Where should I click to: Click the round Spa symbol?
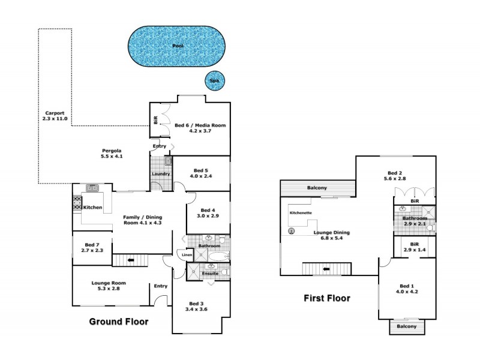tap(214, 80)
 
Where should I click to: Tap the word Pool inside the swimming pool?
tap(178, 46)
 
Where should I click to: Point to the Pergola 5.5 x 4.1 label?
tap(112, 154)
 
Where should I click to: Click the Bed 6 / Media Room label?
tap(200, 128)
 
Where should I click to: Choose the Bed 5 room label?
tap(201, 173)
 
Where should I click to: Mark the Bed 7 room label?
tap(91, 248)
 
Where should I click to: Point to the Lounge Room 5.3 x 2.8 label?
tap(109, 286)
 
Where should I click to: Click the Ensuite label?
tap(209, 274)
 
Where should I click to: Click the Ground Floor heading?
tap(118, 322)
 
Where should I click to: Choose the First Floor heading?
tap(326, 298)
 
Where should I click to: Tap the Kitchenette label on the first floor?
tap(301, 213)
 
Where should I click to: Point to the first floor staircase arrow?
tap(326, 269)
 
